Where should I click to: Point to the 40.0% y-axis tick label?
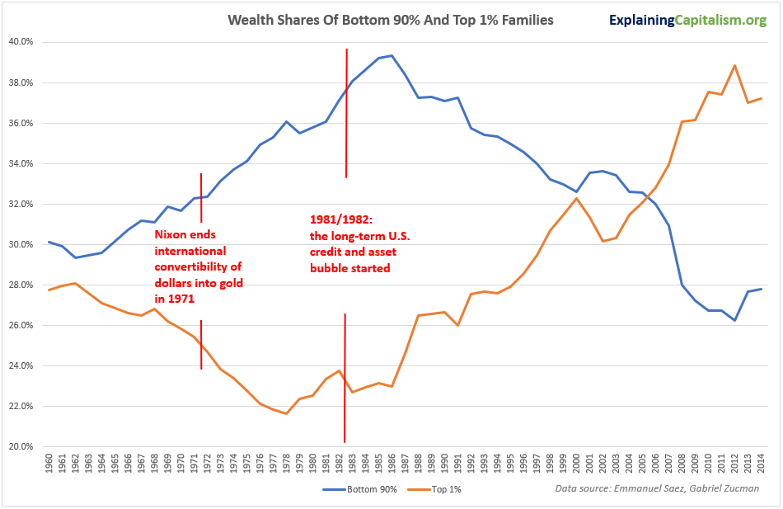[21, 42]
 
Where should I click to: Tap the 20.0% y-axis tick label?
[21, 446]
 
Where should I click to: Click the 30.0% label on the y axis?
[21, 244]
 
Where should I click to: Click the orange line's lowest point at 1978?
[286, 413]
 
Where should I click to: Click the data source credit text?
[657, 489]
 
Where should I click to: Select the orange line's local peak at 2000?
[576, 198]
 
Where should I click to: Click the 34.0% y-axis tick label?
[21, 163]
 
